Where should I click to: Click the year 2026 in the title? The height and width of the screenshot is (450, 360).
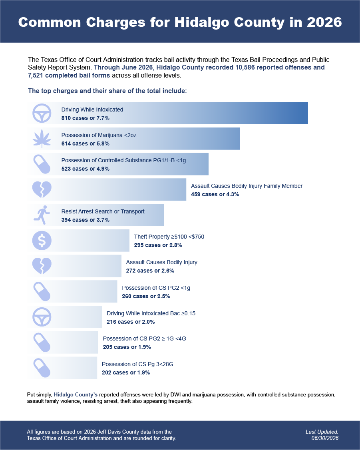pos(324,22)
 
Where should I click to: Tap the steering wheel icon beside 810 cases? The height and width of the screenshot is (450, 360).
pos(42,113)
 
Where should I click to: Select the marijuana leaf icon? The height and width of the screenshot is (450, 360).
pos(42,139)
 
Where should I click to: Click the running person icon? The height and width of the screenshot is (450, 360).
pos(42,215)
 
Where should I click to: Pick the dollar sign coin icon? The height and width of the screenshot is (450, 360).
pos(42,241)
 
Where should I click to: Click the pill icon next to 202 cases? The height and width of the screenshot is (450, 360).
pos(42,368)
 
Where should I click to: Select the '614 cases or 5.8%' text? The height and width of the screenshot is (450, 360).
pos(86,143)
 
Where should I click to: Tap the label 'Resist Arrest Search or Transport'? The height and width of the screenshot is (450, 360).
pos(103,211)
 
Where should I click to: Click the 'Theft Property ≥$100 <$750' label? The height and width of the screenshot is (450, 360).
pos(169,237)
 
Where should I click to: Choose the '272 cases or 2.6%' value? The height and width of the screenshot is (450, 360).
pos(150,271)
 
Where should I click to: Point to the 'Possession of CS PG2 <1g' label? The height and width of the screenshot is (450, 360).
pos(156,288)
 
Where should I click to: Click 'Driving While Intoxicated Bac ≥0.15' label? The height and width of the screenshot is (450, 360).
pos(151,313)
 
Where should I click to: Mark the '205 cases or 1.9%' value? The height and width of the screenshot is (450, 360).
pos(127,347)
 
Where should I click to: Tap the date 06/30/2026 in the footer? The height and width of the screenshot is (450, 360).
pos(325,438)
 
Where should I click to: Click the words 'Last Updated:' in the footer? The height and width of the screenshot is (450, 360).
pos(322,432)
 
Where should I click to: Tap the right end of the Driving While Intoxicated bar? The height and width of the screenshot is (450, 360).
pos(308,113)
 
